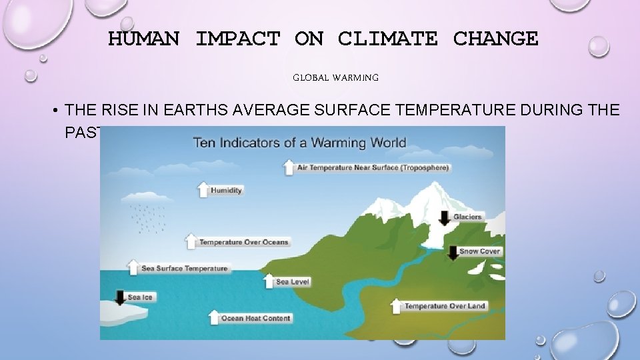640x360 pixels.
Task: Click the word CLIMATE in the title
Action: (x=387, y=39)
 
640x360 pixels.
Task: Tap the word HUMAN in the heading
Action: (x=143, y=39)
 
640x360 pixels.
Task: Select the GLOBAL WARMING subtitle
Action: (x=336, y=78)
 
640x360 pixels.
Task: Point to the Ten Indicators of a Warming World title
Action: (x=299, y=142)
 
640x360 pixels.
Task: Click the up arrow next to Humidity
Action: (x=203, y=189)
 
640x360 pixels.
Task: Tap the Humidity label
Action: (x=226, y=191)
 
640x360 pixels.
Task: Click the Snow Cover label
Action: (x=479, y=251)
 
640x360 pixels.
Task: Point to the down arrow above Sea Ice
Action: (x=120, y=297)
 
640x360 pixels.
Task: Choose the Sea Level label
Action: (x=293, y=282)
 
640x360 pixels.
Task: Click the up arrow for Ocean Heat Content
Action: (x=214, y=317)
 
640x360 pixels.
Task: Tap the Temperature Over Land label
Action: (x=445, y=306)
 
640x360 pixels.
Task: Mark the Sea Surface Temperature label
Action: (x=184, y=269)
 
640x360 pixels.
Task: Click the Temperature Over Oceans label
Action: (x=243, y=242)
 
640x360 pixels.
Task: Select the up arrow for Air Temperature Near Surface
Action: (x=289, y=167)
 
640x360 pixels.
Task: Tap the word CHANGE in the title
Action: (x=495, y=39)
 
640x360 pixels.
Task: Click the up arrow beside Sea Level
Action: (x=269, y=281)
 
